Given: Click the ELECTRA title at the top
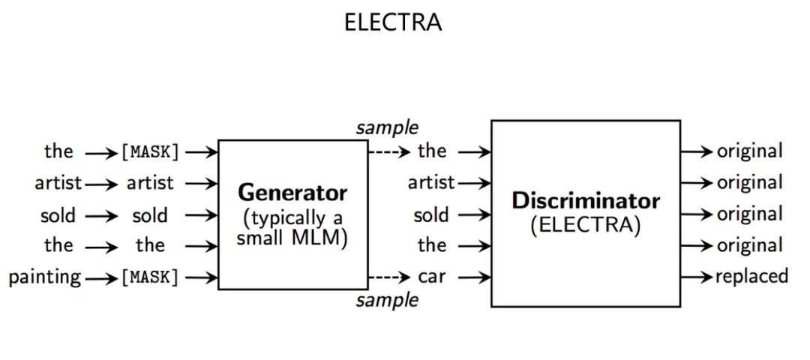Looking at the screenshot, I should [x=393, y=22].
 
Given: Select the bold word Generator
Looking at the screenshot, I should [x=292, y=193].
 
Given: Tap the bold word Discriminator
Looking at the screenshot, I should [x=586, y=201].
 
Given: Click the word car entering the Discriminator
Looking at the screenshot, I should [x=432, y=277].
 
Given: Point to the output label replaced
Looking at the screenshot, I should [x=751, y=277].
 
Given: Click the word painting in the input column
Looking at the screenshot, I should [x=45, y=277].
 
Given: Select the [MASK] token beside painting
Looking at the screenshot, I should [x=150, y=277].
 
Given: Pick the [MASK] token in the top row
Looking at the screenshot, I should [x=150, y=152].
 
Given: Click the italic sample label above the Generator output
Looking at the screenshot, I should [x=387, y=127].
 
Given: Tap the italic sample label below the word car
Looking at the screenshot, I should [x=387, y=301].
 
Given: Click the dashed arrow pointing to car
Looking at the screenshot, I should [x=390, y=277].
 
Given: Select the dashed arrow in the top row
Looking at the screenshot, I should [x=390, y=152].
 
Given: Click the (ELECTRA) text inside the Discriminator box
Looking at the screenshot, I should [x=586, y=225].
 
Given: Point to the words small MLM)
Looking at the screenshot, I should [x=292, y=239].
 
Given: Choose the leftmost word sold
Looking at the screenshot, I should [x=58, y=216].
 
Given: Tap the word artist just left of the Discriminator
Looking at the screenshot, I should [x=431, y=183].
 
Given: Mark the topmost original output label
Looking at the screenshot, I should [x=750, y=151].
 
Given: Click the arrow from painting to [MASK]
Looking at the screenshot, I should [x=101, y=277].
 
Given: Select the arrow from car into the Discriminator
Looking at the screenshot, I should [x=474, y=277].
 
